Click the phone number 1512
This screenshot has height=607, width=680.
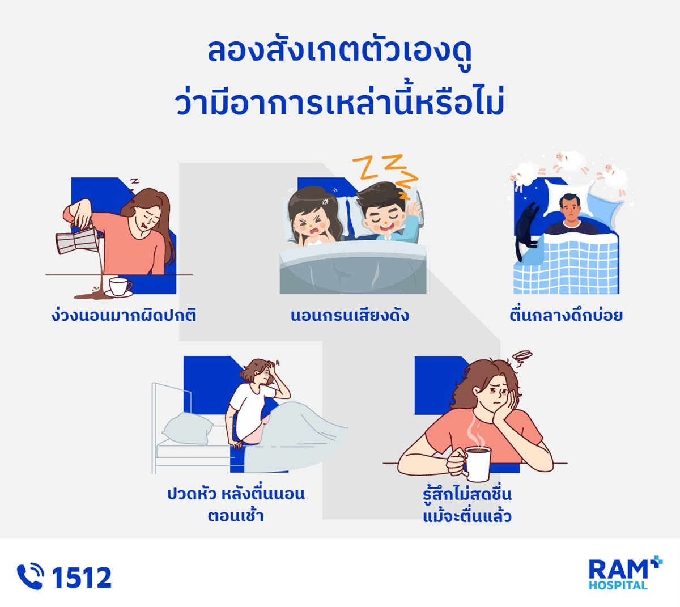point(82,578)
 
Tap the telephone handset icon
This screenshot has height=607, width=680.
point(30,576)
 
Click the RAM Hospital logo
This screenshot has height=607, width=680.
point(626,573)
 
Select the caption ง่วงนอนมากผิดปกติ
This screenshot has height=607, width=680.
point(124,315)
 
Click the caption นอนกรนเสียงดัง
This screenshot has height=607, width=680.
point(350,315)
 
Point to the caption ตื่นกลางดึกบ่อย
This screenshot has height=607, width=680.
point(566,315)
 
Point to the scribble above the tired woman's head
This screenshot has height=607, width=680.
point(522,358)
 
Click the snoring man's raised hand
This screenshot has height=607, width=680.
point(414,210)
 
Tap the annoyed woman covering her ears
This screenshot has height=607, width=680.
point(314,218)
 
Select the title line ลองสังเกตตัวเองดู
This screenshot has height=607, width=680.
point(339,52)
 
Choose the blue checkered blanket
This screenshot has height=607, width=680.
point(566,264)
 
